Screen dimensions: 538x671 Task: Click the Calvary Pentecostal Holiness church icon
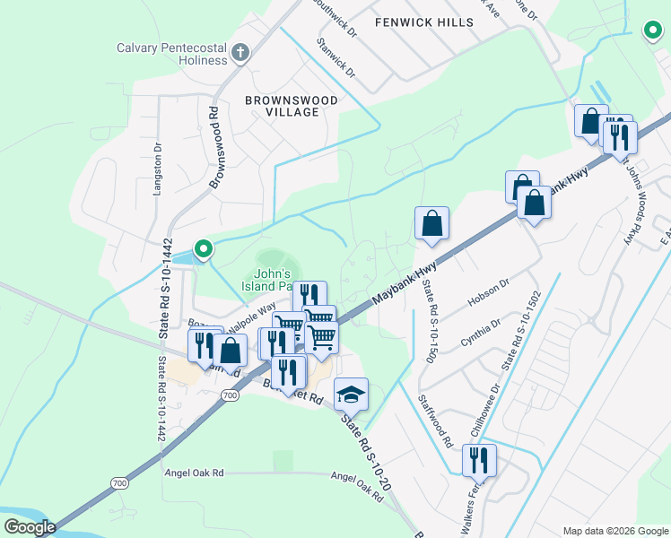(240, 53)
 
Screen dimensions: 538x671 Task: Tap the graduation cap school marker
(351, 394)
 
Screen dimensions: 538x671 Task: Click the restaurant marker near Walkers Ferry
(479, 461)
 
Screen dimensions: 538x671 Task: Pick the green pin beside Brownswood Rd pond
(204, 249)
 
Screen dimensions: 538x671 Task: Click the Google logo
(29, 527)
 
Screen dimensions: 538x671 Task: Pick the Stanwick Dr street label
(336, 57)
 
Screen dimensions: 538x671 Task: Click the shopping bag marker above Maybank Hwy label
(431, 224)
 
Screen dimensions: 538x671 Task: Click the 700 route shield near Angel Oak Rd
(119, 483)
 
